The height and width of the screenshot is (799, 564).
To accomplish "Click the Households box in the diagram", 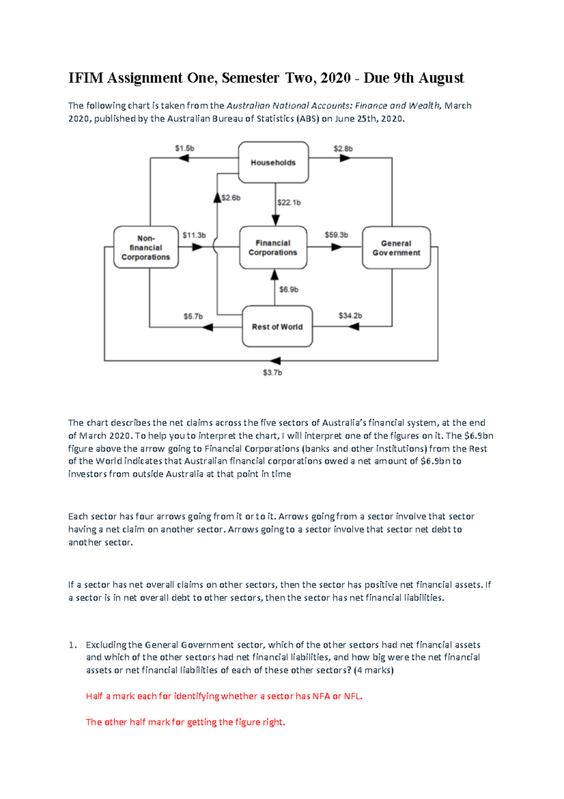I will (x=273, y=162).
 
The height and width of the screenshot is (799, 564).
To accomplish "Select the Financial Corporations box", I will (x=273, y=248).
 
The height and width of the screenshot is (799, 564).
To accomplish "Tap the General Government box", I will (x=396, y=248).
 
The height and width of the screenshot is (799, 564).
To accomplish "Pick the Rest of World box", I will (x=277, y=327).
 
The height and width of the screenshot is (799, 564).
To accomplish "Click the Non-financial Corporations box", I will (x=146, y=248).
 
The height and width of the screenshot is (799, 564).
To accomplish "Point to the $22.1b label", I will (x=289, y=203).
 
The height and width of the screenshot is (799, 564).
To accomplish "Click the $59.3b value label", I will (x=336, y=235).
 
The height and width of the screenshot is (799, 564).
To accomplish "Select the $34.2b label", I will (x=350, y=315).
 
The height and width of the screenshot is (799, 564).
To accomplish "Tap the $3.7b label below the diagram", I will (x=272, y=373).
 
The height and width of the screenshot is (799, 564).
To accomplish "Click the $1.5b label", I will (x=185, y=148).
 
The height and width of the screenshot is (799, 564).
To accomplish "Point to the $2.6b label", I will (x=231, y=198).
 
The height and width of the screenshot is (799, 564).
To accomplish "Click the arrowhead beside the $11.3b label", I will (x=197, y=247).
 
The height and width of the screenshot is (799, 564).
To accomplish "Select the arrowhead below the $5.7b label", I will (x=207, y=327).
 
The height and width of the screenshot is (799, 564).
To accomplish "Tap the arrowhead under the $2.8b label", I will (x=345, y=158).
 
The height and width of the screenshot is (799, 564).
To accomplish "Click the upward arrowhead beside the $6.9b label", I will (x=275, y=275).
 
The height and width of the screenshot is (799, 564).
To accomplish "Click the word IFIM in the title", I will (x=86, y=78).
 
